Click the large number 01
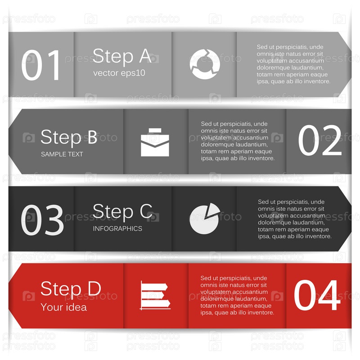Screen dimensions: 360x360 pos(40,65)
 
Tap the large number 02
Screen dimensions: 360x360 pos(320,140)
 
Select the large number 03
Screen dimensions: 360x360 pos(42,220)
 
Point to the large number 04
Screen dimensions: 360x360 pos(317,295)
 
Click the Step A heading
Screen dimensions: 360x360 pos(122,56)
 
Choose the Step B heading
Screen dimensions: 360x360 pos(69,137)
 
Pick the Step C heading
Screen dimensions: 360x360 pos(122,211)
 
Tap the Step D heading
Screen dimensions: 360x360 pos(71,289)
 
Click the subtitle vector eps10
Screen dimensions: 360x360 pos(119,73)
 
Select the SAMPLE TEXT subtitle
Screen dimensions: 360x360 pos(62,154)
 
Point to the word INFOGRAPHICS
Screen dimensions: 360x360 pos(117,229)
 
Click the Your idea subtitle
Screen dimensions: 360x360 pos(64,307)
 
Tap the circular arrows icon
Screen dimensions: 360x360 pos(205,64)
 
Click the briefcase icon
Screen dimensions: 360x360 pos(155,142)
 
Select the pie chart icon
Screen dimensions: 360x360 pos(205,219)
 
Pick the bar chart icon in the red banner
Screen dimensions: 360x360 pos(155,296)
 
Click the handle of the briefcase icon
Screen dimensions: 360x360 pos(155,130)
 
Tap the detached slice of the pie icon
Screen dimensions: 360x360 pos(212,209)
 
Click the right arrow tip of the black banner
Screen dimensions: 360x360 pos(351,219)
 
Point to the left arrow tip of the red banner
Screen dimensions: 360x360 pos(9,296)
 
